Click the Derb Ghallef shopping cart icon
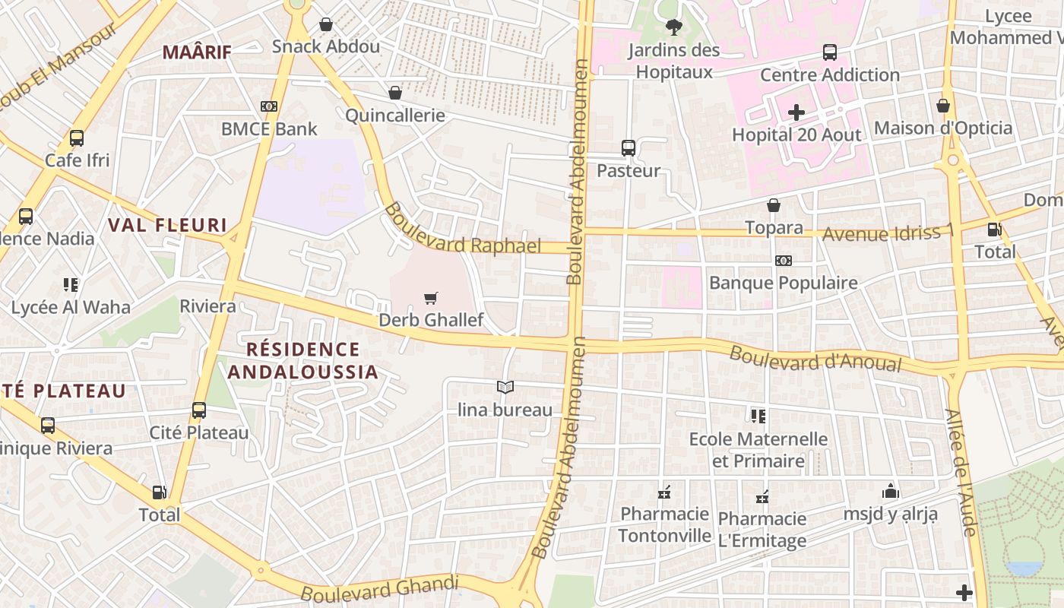[x=431, y=298]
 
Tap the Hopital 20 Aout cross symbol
[x=796, y=113]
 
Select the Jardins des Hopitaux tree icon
[x=673, y=28]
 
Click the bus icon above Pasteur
[x=628, y=147]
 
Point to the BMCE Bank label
[x=269, y=128]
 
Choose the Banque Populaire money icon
[x=783, y=261]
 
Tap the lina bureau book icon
[x=505, y=388]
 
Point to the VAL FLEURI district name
[x=167, y=225]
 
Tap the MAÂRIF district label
[x=197, y=52]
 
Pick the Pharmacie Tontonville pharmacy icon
[x=664, y=492]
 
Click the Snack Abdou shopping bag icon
[x=326, y=24]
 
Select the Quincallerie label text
[x=394, y=116]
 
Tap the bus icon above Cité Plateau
[x=199, y=410]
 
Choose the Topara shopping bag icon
[x=774, y=205]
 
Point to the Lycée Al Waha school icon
[x=71, y=285]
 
